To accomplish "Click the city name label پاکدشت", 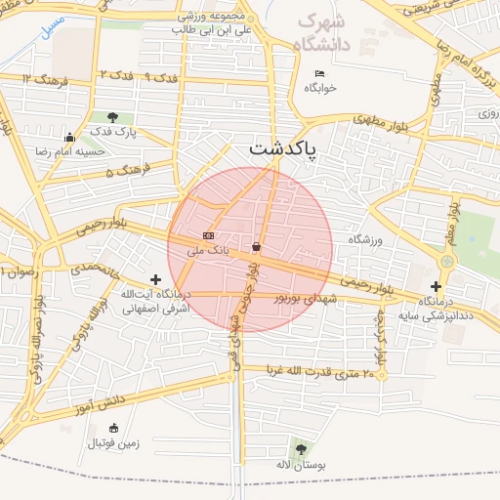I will (288, 148).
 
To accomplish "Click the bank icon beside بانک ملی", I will (208, 235).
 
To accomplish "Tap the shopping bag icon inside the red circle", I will (256, 246).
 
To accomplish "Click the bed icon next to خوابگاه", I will (319, 74).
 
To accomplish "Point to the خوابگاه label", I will (319, 88).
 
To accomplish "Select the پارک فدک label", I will (115, 131).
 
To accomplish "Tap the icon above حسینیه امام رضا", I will (69, 138).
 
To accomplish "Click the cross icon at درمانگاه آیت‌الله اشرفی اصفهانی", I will (155, 280).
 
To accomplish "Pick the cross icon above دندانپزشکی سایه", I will (436, 286).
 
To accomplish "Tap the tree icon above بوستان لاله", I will (300, 449).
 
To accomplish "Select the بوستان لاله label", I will (299, 465).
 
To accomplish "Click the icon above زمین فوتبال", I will (114, 428).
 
